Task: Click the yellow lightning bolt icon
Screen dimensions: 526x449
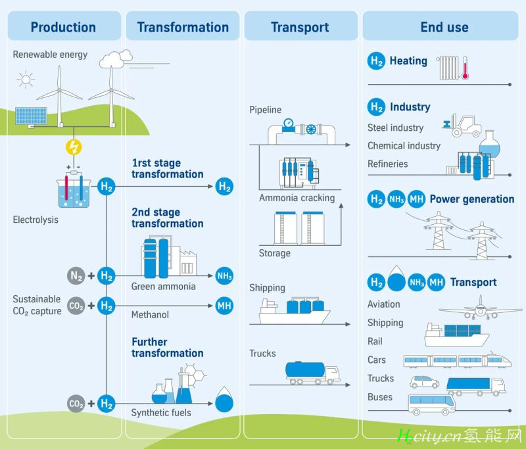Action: coord(74,147)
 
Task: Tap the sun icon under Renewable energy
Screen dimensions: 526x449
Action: coord(26,80)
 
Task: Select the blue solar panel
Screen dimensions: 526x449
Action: coord(31,116)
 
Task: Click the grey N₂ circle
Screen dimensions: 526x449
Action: coord(76,276)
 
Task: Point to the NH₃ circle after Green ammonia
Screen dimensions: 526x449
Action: coord(224,276)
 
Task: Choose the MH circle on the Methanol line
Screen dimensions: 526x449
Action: coord(224,306)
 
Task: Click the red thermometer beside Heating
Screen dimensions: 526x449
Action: coord(465,68)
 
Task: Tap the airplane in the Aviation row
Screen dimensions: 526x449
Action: coord(481,308)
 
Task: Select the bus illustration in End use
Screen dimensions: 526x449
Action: coord(432,404)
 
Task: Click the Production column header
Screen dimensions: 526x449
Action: coord(63,27)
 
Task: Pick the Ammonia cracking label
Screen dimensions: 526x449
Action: coord(297,198)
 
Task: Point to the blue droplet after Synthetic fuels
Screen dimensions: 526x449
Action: coord(224,400)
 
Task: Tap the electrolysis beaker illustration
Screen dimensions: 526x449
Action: coord(74,189)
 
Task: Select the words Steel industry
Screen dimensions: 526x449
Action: coord(396,128)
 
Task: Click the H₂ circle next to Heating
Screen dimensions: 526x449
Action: coord(376,61)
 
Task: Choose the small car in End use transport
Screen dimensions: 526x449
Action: coord(424,382)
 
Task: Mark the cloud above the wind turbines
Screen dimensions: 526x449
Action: coord(116,59)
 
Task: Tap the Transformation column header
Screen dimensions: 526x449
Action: coord(183,27)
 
